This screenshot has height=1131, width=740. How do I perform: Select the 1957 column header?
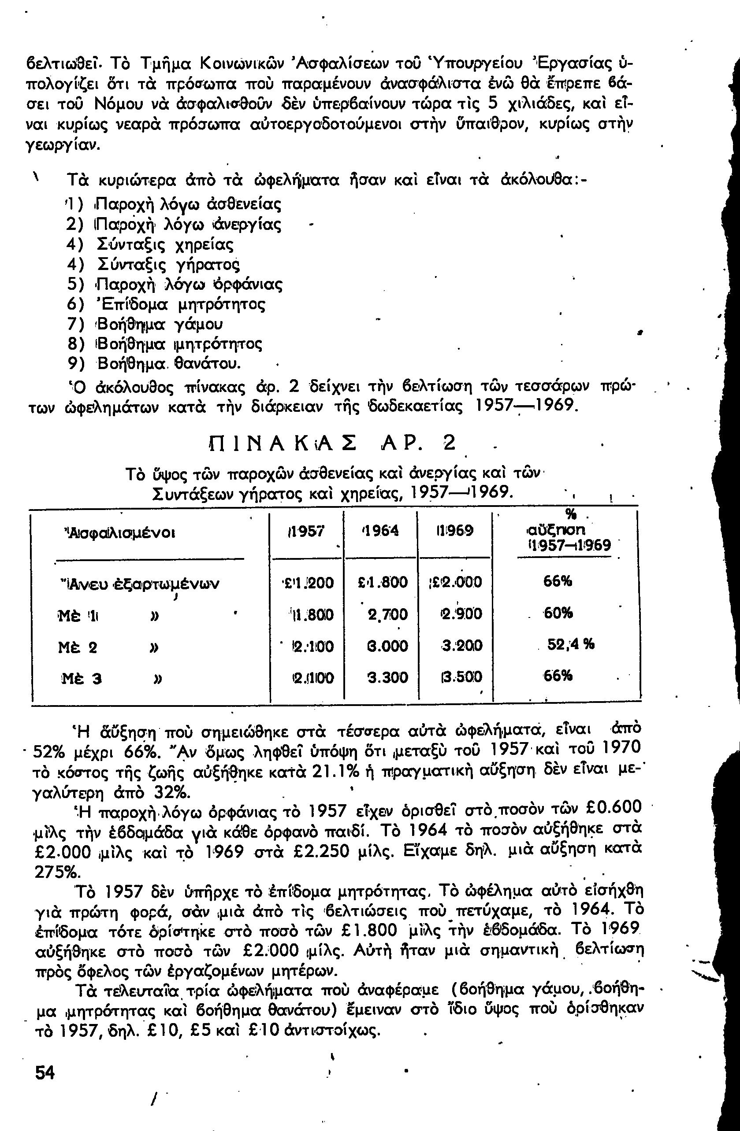coord(306,530)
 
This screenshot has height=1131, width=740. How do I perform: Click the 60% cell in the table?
coord(558,614)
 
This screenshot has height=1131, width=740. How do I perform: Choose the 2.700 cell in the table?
coord(387,614)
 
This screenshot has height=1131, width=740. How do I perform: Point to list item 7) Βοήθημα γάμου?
coord(145,325)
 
